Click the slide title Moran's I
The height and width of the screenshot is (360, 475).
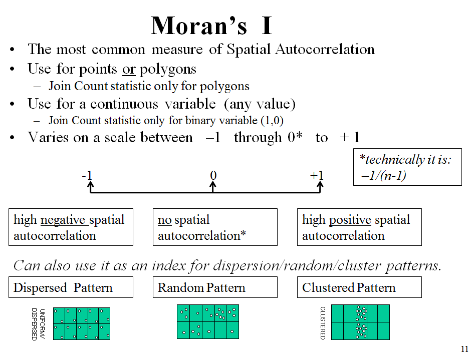coord(211,26)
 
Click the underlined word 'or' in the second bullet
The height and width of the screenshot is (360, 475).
coord(129,70)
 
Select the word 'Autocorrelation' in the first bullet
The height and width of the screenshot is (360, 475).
coord(325,49)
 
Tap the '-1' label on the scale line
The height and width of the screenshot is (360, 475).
coord(87,176)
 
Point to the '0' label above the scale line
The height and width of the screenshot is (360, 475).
coord(213,176)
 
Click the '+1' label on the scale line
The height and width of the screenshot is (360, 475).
coord(317,176)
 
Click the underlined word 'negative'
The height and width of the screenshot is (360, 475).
coord(63,220)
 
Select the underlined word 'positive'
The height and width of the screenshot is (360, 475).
coord(350,220)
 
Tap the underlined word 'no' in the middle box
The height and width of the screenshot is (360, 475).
coord(165,220)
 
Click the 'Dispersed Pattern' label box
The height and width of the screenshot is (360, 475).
coord(71,287)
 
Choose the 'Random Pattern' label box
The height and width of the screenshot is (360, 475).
coord(215,287)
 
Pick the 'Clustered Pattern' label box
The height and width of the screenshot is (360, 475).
coord(359,287)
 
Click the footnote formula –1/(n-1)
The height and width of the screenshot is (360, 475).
coord(383,176)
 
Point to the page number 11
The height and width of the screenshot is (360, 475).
coord(464,349)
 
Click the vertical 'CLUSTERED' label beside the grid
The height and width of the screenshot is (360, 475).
coord(323,323)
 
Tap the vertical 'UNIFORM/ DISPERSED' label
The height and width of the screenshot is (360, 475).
coord(38,324)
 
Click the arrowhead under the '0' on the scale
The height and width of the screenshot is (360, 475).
coord(213,184)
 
